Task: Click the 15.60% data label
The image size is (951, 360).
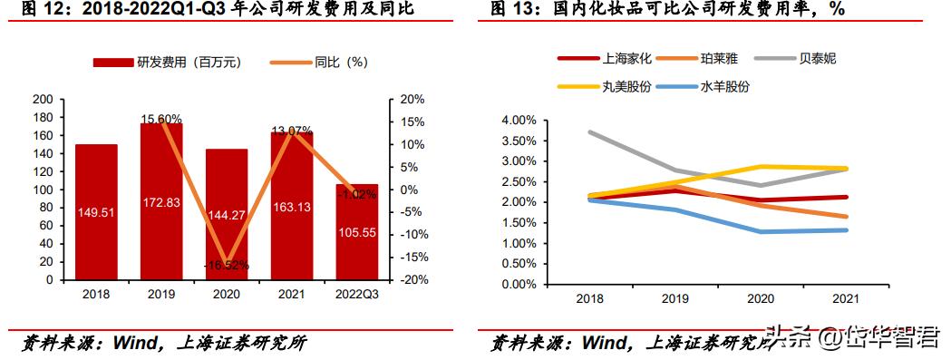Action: [161, 119]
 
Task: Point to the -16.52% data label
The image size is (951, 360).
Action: [227, 265]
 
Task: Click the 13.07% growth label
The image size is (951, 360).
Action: [292, 130]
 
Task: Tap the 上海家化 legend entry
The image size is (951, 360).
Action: [626, 59]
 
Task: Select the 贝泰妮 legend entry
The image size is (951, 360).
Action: [817, 59]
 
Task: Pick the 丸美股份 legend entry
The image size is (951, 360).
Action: [626, 87]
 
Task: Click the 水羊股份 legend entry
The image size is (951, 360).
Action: [724, 87]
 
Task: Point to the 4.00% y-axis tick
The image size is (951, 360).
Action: [519, 120]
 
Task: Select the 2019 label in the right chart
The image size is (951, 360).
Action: [674, 298]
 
